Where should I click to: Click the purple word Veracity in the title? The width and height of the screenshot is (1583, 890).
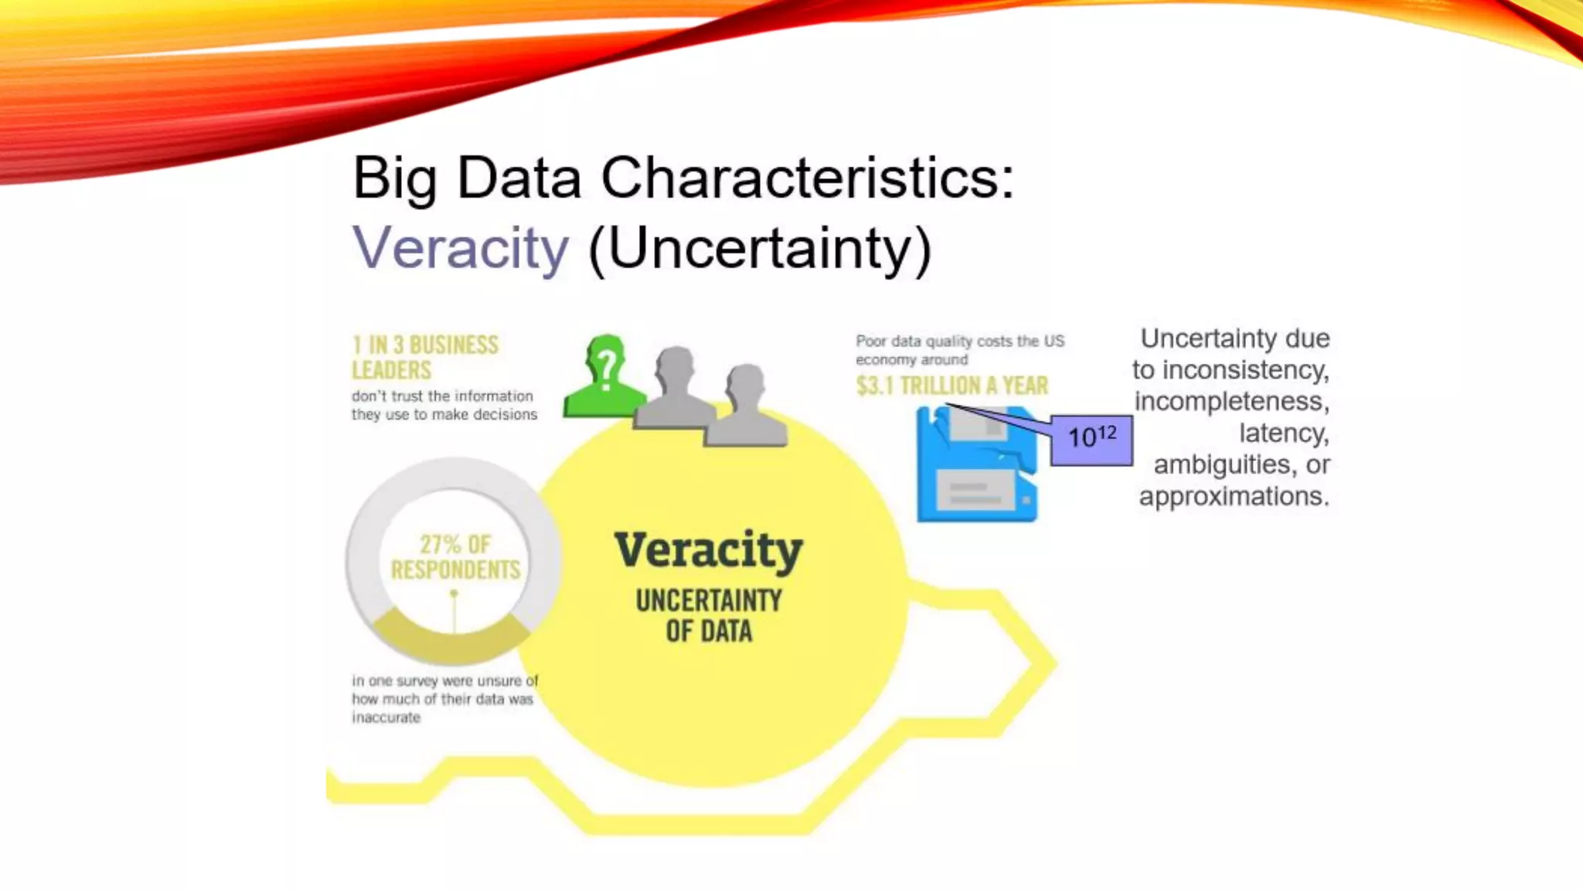[x=461, y=249]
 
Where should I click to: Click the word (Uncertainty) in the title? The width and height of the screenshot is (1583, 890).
[x=760, y=249]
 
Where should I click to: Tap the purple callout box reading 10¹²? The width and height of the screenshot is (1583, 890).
[x=1091, y=439]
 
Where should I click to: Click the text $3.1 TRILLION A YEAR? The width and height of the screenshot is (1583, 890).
[x=952, y=386]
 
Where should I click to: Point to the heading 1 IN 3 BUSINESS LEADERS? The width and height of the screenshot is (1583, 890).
[x=424, y=357]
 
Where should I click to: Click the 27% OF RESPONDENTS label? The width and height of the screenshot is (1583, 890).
[x=455, y=557]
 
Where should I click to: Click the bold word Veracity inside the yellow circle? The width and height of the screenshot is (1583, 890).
[x=708, y=550]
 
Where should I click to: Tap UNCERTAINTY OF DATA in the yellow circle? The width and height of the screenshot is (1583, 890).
[x=708, y=616]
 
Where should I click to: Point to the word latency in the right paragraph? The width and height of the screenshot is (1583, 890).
[x=1283, y=433]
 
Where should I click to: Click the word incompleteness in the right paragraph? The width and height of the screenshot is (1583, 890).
[x=1231, y=401]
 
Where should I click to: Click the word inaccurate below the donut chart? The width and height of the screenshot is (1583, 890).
[x=386, y=718]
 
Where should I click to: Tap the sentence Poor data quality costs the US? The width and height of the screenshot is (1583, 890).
[x=959, y=341]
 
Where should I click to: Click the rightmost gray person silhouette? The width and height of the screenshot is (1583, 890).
[x=745, y=408]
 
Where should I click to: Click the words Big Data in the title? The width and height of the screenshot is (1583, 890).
[x=466, y=178]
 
